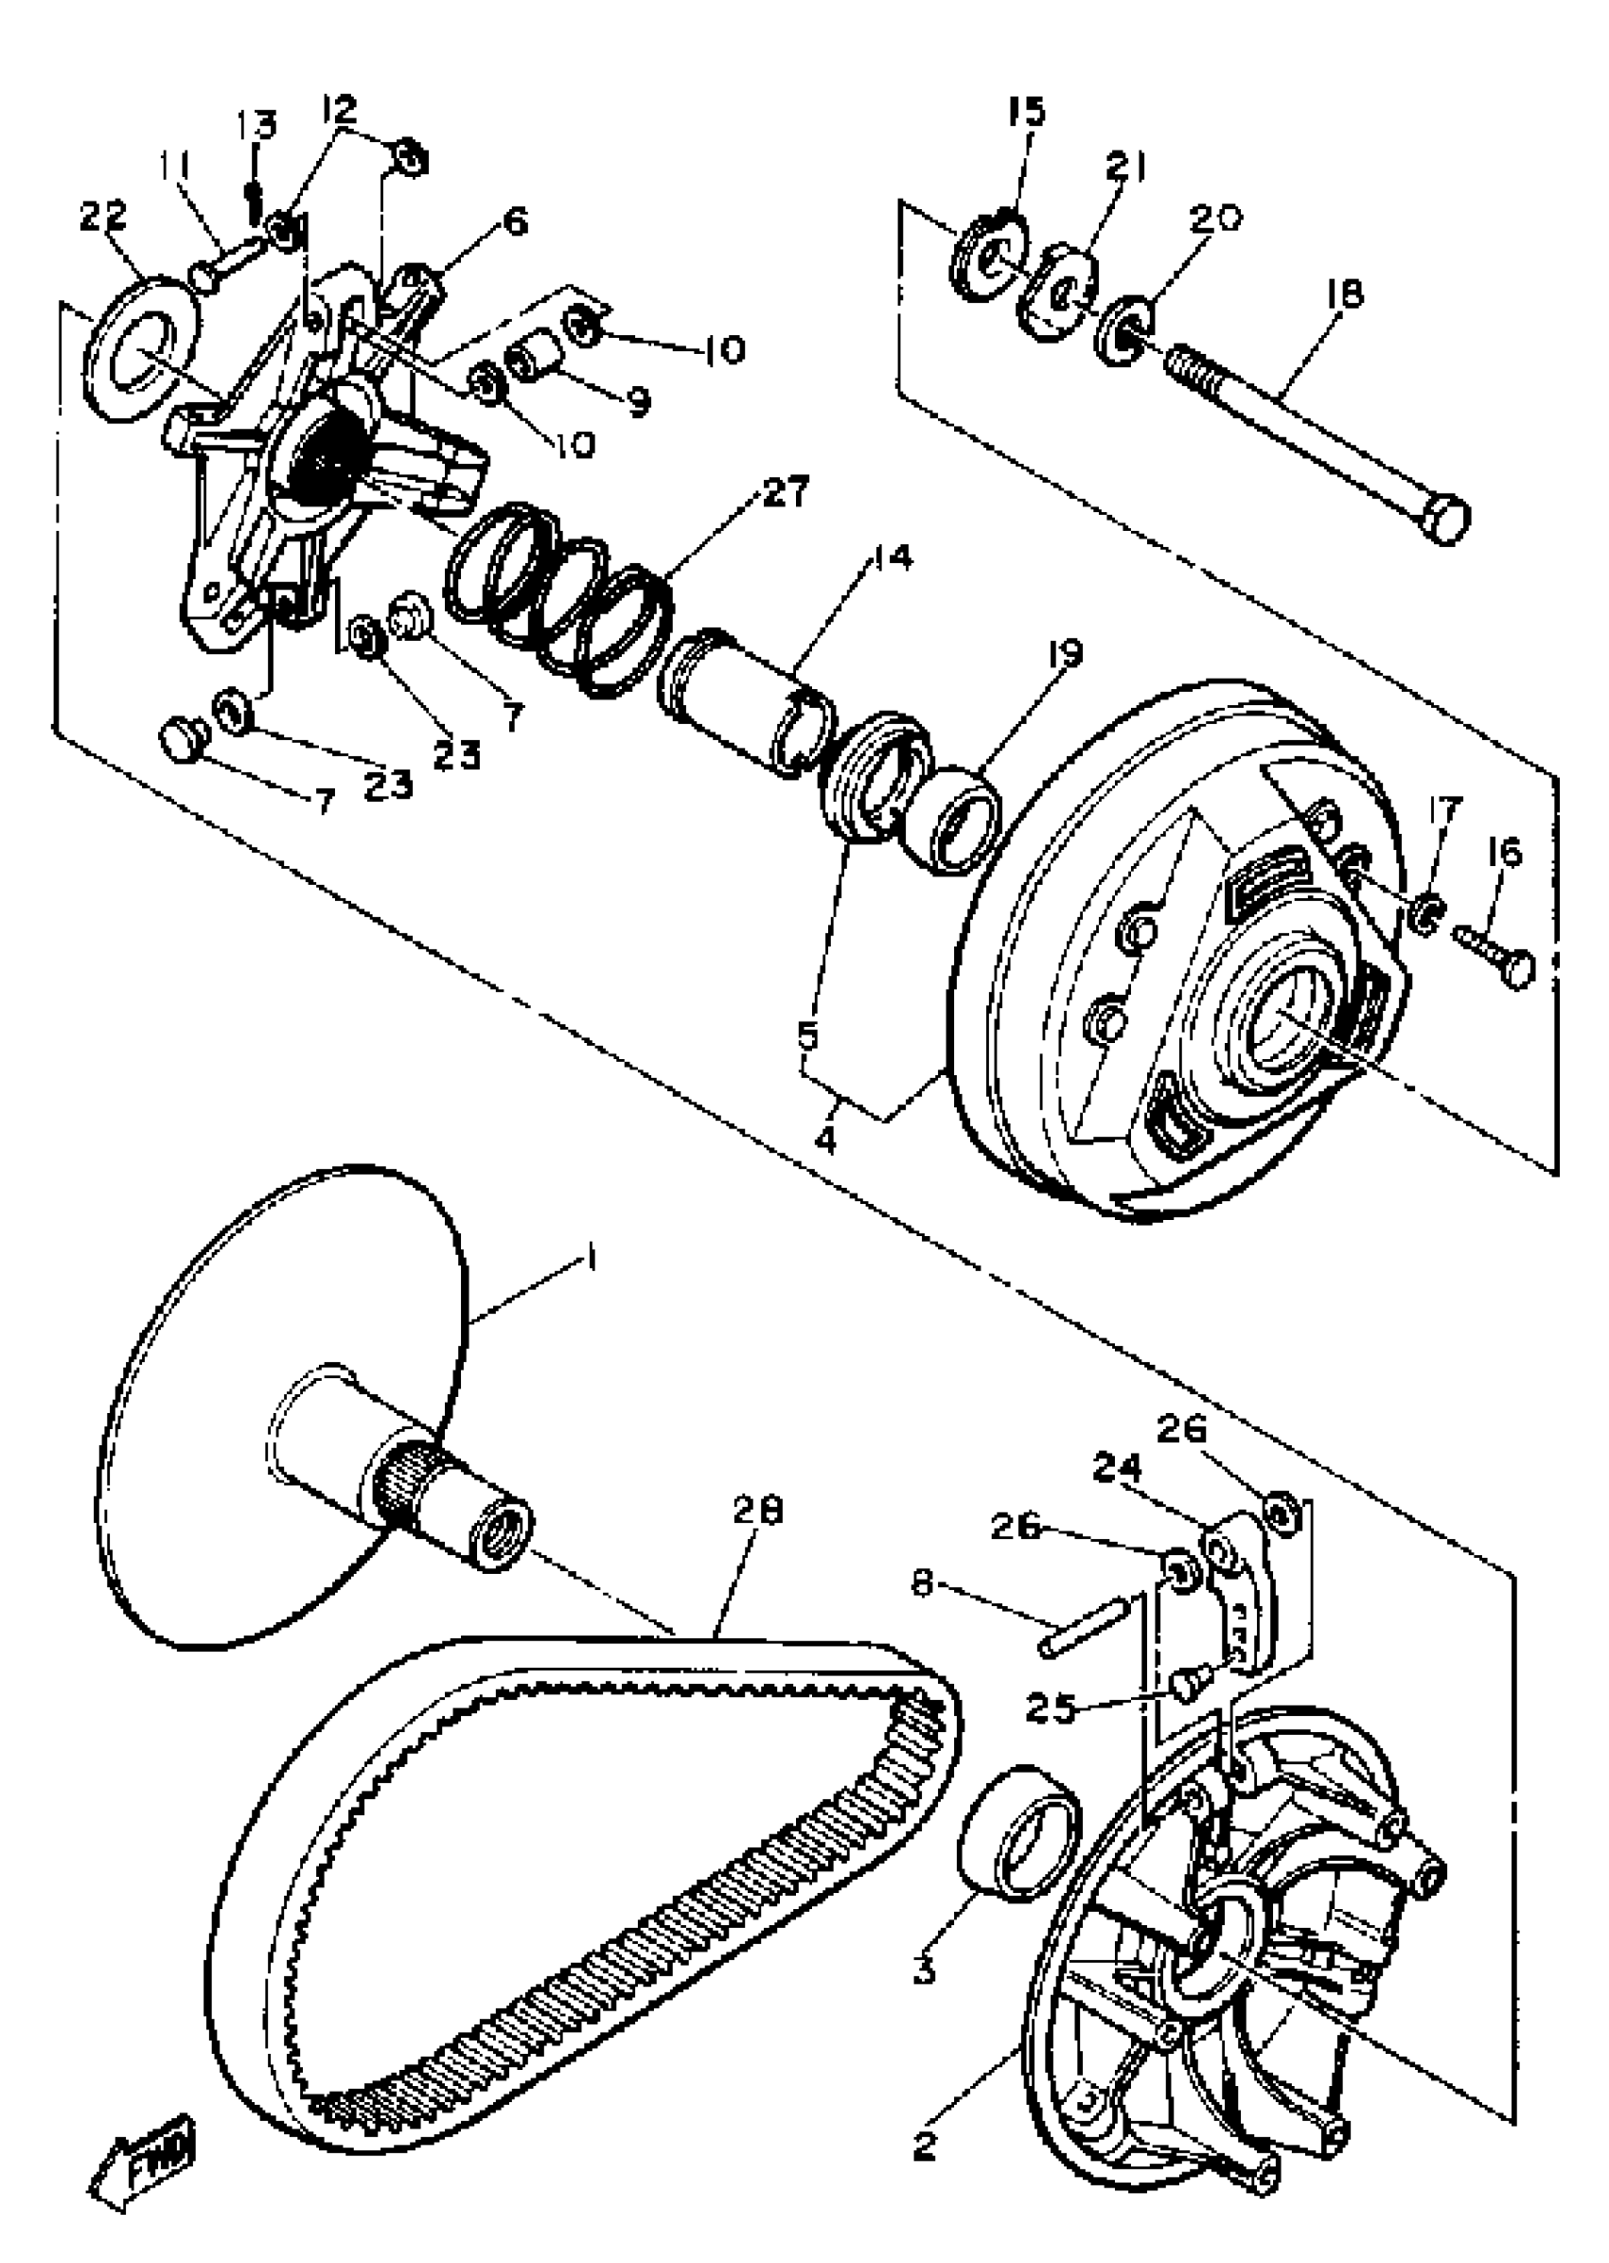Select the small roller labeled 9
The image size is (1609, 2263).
535,356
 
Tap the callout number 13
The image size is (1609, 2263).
256,127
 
